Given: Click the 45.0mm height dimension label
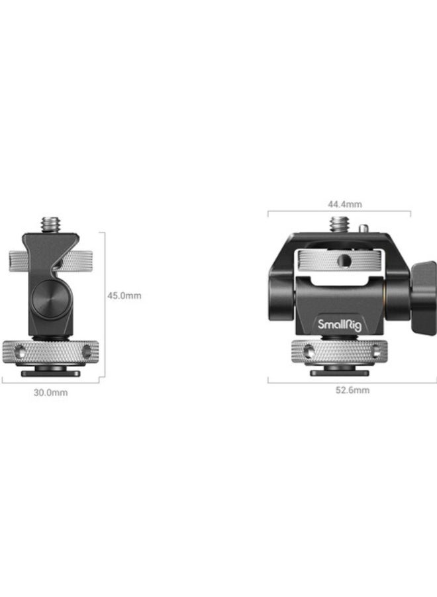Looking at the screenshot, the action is pyautogui.click(x=124, y=296).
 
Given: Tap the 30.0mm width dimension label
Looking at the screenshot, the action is pyautogui.click(x=50, y=392).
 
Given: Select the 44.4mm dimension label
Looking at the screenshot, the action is pyautogui.click(x=345, y=204).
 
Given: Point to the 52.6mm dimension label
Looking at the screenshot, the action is pyautogui.click(x=352, y=390).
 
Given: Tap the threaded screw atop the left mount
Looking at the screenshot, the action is pyautogui.click(x=50, y=225).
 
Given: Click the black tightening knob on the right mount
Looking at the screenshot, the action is pyautogui.click(x=424, y=298).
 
